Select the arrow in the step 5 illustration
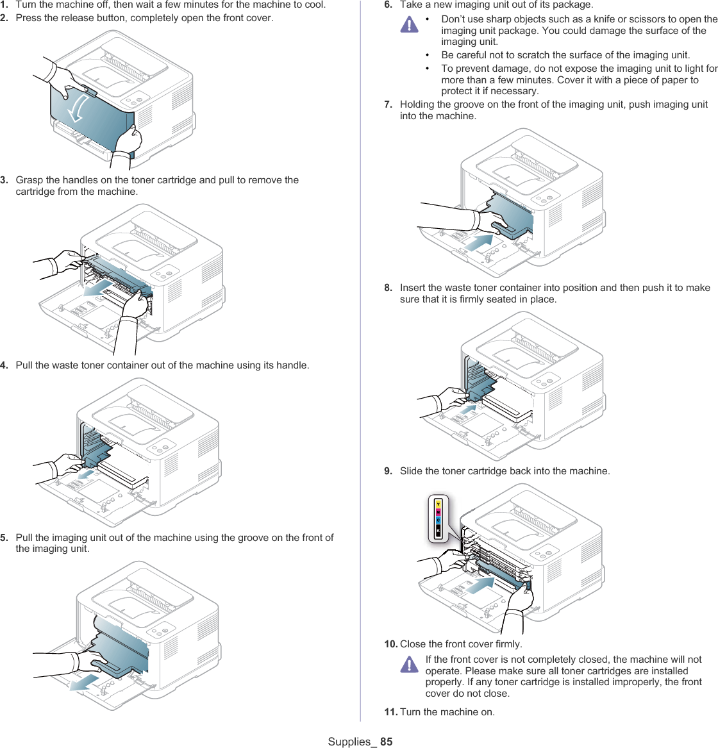(x=85, y=681)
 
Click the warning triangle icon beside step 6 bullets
(x=408, y=25)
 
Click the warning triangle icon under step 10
(x=408, y=665)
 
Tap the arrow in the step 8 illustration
(x=469, y=408)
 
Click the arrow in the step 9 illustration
(x=480, y=586)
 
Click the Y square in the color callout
(x=438, y=504)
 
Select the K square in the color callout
(x=438, y=531)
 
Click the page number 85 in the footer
(x=386, y=742)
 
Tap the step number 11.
(x=390, y=712)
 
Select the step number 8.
(x=388, y=288)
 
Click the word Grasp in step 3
(x=29, y=180)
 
